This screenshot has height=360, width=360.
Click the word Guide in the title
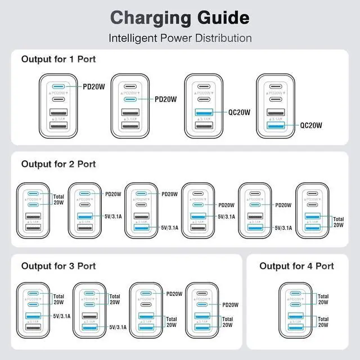tap(220, 17)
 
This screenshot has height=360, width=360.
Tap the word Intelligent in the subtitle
tap(134, 38)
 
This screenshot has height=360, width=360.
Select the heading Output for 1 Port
tap(58, 58)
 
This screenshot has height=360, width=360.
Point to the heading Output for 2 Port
tap(58, 164)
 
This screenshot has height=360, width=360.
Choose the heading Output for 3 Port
tap(58, 265)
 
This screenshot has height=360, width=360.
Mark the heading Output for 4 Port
tap(296, 265)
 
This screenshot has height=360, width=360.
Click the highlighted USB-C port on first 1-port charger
tap(57, 87)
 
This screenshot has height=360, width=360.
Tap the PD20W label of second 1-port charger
tap(165, 99)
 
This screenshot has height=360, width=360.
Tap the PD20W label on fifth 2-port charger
tap(283, 205)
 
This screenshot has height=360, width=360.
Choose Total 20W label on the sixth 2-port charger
tap(338, 222)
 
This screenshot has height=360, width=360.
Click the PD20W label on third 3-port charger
tap(174, 294)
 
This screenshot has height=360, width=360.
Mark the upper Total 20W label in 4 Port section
tap(323, 300)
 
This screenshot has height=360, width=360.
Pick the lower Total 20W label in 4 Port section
tap(323, 322)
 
